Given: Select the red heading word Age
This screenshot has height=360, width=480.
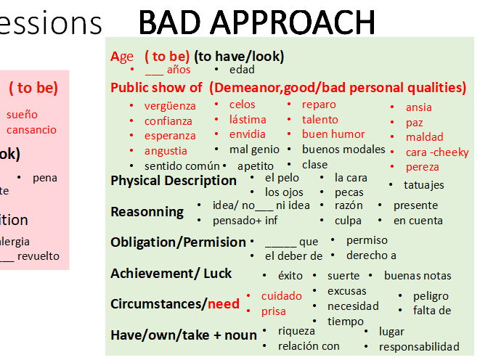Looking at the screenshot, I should (122, 57).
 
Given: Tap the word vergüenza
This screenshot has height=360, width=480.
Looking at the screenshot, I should (170, 106).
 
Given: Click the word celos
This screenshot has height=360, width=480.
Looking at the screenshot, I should (243, 105).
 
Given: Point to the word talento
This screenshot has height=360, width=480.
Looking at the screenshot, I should (320, 120).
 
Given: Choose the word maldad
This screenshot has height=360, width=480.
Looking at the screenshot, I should (425, 137).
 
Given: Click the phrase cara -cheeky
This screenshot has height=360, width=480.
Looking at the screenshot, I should (437, 152).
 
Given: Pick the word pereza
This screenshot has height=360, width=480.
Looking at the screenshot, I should (423, 167).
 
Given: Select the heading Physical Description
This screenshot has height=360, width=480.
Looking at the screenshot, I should (174, 181).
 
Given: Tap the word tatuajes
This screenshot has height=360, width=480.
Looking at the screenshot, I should (424, 185).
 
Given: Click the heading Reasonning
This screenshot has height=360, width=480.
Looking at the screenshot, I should (147, 212).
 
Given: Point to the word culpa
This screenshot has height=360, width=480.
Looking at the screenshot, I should (348, 221).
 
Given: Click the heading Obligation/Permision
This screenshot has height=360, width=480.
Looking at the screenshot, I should (178, 242).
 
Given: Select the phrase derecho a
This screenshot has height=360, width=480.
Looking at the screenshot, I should (371, 255).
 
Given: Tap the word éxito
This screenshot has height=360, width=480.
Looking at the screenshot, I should (290, 276).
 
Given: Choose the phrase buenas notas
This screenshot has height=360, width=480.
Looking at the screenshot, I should (418, 276).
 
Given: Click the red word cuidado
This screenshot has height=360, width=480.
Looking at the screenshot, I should (282, 296).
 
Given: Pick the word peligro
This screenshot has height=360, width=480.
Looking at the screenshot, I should (431, 296).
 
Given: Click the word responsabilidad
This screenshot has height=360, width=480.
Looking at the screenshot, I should (419, 347).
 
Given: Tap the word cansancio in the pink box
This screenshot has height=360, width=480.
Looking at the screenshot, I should (31, 130).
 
